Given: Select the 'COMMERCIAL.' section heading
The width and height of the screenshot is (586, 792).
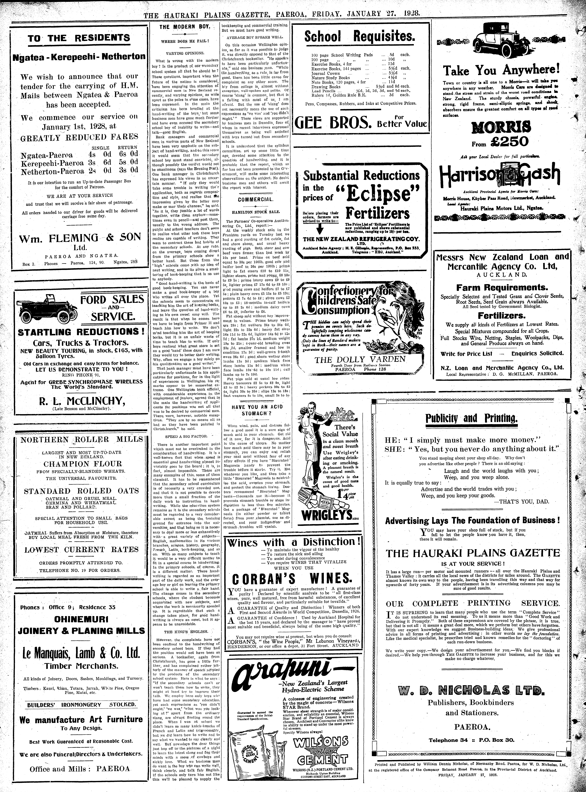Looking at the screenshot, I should click(255, 200).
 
